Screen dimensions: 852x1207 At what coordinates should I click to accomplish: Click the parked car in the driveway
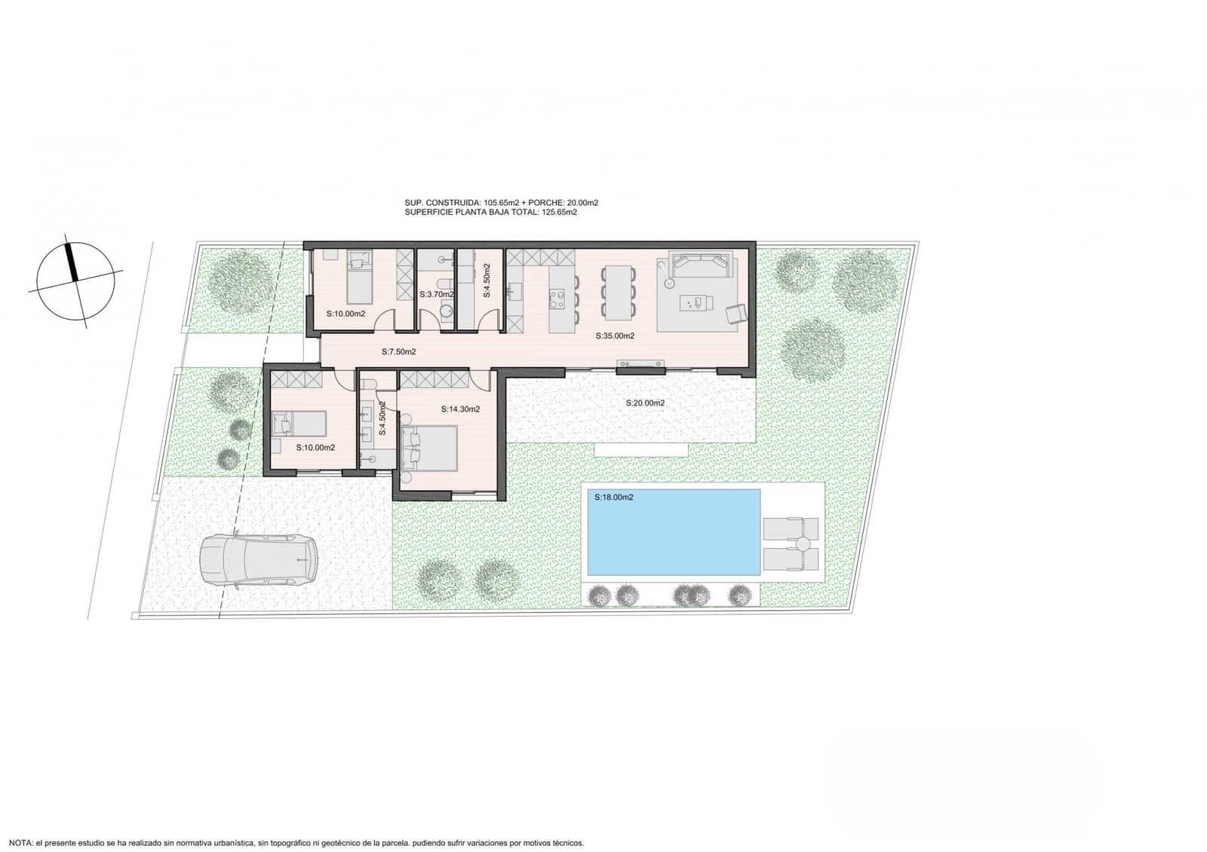[x=259, y=559]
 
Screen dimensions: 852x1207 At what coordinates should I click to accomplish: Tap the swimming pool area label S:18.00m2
[x=613, y=498]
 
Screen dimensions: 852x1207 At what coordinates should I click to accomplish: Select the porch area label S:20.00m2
[x=645, y=403]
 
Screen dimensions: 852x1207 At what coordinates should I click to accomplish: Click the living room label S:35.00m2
[x=615, y=336]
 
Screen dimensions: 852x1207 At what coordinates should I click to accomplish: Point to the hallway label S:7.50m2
[x=398, y=352]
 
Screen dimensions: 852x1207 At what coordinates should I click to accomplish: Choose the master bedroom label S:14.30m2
[x=460, y=409]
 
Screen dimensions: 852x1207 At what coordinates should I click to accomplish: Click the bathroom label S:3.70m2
[x=437, y=295]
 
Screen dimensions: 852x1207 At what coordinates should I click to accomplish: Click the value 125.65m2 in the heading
[x=559, y=213]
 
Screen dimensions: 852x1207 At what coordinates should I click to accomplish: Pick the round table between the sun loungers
[x=803, y=543]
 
